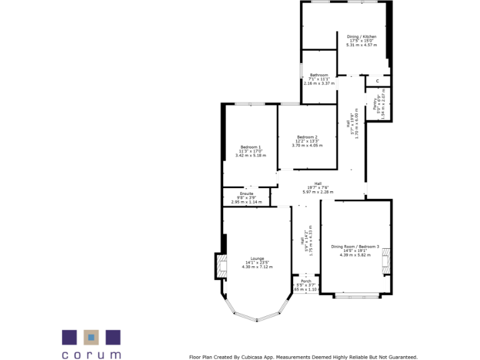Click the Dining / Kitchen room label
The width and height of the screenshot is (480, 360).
[362, 37]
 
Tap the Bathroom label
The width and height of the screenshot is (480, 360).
[319, 75]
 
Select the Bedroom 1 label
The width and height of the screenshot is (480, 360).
[251, 147]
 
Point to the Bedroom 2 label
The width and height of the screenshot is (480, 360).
[307, 137]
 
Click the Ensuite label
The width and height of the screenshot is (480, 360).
[246, 194]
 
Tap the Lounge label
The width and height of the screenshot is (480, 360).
[257, 259]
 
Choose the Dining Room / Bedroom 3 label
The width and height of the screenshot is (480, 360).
[355, 247]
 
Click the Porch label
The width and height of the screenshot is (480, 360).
[306, 281]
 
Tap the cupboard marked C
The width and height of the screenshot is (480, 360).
[377, 81]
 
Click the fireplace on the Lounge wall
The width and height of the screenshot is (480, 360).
[220, 266]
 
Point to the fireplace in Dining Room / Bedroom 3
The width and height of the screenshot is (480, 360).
[386, 261]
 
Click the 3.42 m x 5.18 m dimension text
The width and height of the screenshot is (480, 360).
[251, 155]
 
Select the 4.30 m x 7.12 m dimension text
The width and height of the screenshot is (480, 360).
[257, 267]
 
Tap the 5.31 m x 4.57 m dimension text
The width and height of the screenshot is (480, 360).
[362, 45]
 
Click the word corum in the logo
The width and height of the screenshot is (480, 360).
[91, 354]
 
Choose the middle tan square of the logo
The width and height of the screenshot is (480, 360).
[91, 337]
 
